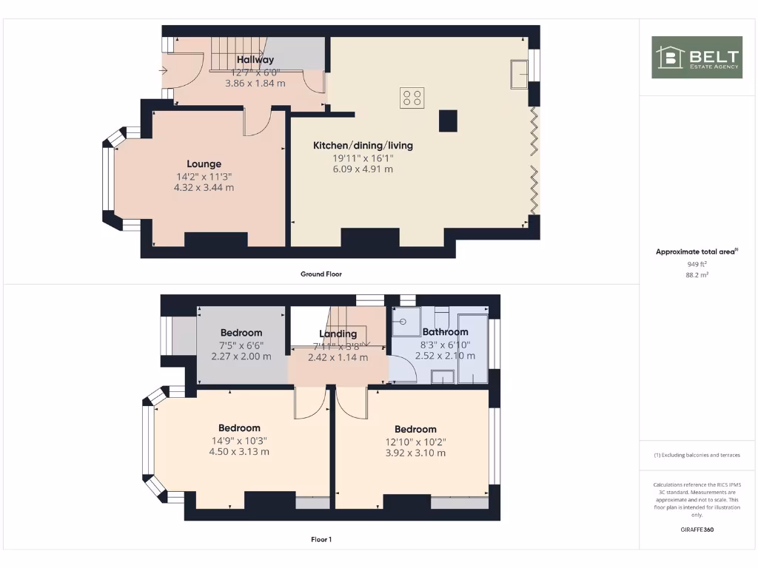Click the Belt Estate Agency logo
(697, 58)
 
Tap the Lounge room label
(204, 164)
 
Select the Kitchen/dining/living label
(363, 146)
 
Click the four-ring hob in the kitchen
(412, 98)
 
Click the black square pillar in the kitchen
(449, 121)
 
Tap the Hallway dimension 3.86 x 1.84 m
(255, 84)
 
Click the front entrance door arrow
(163, 72)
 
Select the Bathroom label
(445, 332)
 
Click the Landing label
(338, 334)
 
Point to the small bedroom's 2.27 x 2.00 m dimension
(241, 356)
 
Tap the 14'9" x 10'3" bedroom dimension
(239, 440)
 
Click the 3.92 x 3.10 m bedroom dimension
(415, 453)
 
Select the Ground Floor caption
(321, 274)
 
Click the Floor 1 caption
(321, 539)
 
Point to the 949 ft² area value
(697, 263)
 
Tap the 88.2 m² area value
(697, 274)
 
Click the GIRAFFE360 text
(697, 530)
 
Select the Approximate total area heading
(697, 252)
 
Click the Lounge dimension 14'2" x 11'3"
(204, 177)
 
